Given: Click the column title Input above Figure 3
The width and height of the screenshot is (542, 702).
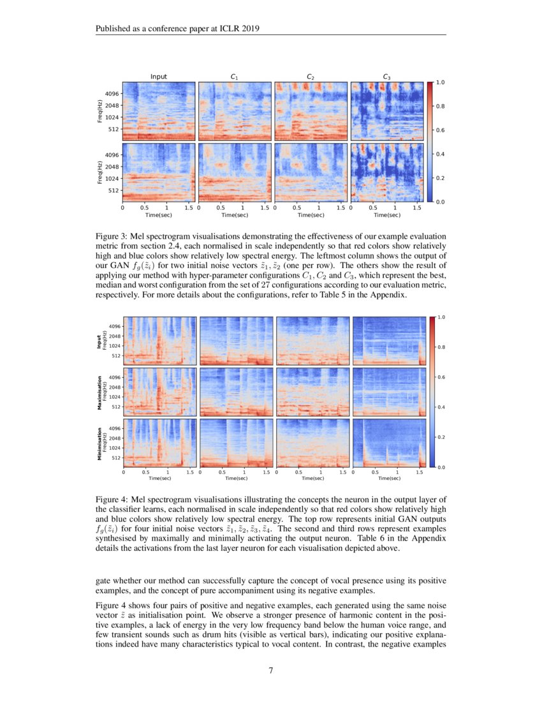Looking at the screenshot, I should pyautogui.click(x=159, y=77).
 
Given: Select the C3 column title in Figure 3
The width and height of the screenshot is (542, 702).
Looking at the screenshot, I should pyautogui.click(x=386, y=77).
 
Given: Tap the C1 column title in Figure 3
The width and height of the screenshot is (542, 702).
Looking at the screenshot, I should pyautogui.click(x=234, y=77).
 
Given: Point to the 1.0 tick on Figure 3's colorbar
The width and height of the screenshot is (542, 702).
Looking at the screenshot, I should pyautogui.click(x=440, y=83).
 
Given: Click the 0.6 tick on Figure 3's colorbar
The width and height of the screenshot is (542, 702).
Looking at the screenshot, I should pyautogui.click(x=440, y=130).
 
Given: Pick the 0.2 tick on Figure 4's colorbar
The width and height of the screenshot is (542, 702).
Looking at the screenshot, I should pyautogui.click(x=440, y=437).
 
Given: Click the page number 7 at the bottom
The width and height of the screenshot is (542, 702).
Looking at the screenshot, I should pyautogui.click(x=271, y=670).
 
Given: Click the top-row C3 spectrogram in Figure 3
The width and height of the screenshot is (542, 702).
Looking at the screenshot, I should pyautogui.click(x=387, y=111).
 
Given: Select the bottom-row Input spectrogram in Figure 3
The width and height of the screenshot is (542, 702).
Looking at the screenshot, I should pyautogui.click(x=159, y=172).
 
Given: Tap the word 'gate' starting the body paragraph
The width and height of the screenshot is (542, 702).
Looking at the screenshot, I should pyautogui.click(x=104, y=581).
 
